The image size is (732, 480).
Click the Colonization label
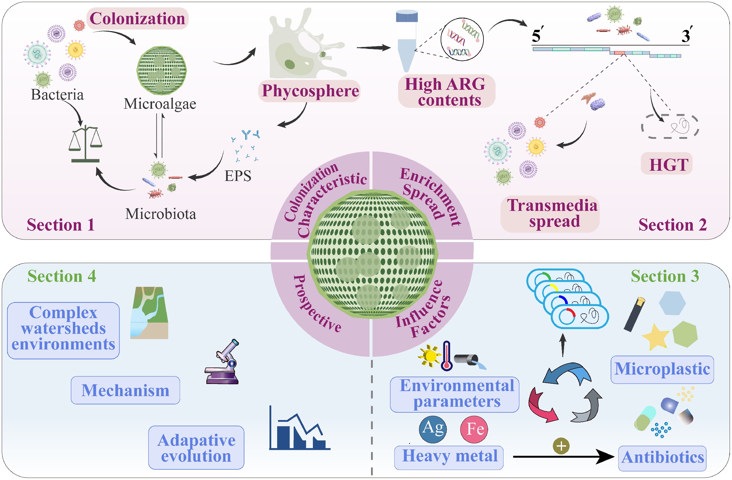coord(137,19)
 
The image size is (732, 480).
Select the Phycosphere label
coord(310,91)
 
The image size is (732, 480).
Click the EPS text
coord(238,176)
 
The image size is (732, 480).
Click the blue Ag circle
coord(433,429)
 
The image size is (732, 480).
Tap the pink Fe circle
coord(474,429)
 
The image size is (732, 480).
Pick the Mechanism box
coord(125,390)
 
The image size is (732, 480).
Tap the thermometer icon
coord(447,356)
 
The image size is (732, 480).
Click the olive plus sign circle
coord(561,446)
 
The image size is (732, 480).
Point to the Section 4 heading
coord(61,276)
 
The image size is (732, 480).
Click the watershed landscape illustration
coord(149,313)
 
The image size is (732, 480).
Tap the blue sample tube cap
coord(407,16)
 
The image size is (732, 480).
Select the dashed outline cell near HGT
coord(669,126)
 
